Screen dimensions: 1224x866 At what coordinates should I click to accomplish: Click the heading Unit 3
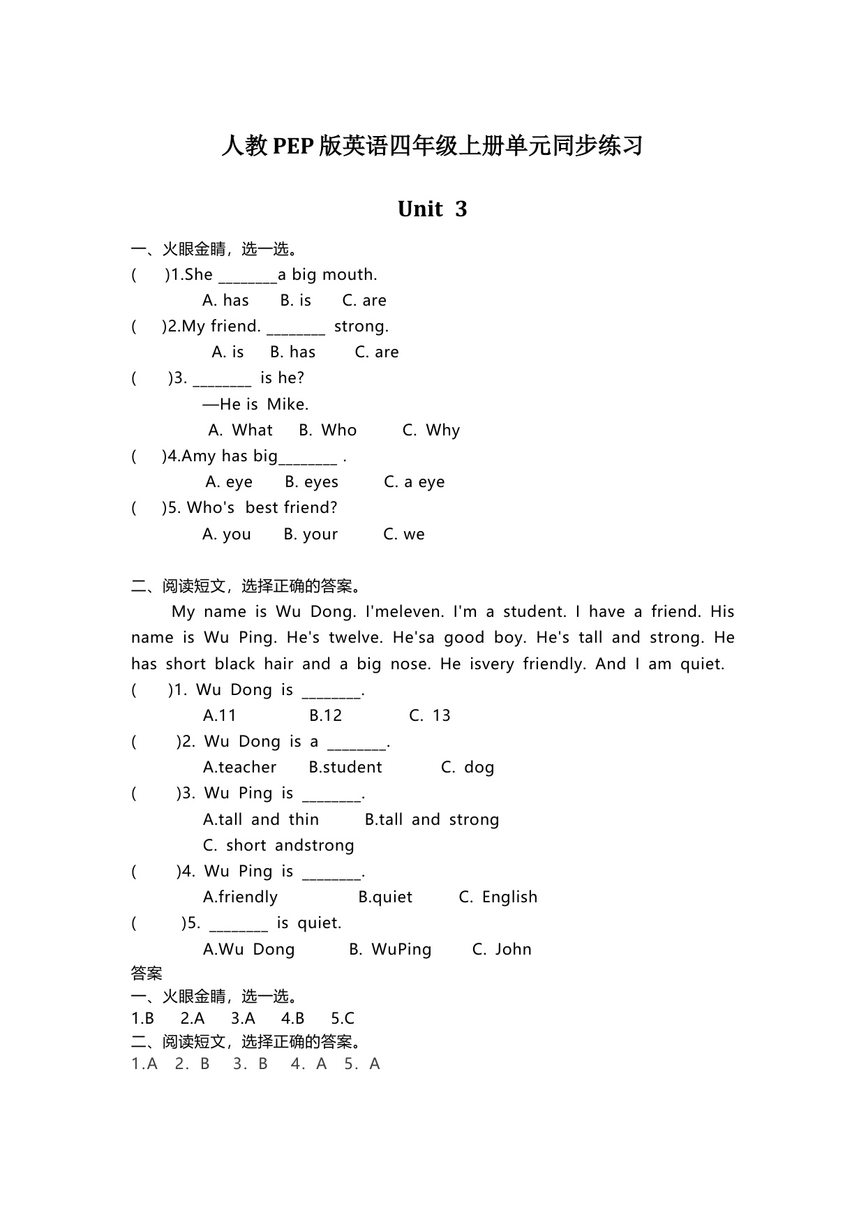[432, 209]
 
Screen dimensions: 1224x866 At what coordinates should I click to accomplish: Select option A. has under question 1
[225, 301]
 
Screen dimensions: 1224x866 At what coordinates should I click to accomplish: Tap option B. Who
[327, 431]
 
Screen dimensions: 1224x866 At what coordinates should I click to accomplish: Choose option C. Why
[431, 431]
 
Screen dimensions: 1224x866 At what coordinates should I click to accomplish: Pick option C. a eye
[414, 482]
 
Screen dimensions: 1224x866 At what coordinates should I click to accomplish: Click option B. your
[311, 535]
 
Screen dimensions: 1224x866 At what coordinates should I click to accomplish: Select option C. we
[403, 535]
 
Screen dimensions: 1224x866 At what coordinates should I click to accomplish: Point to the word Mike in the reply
[288, 405]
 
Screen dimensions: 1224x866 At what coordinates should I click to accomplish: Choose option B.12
[325, 716]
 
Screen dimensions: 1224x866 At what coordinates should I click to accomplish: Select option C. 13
[429, 716]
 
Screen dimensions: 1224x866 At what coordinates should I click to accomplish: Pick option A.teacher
[239, 768]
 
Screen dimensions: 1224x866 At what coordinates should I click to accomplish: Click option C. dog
[468, 768]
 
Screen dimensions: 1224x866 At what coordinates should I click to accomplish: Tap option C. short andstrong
[278, 846]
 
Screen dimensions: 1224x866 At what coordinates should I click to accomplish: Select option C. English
[498, 897]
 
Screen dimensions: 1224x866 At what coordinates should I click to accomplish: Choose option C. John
[502, 950]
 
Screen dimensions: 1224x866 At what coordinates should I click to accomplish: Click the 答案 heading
[147, 973]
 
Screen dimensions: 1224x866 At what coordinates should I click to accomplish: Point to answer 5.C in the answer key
[343, 1019]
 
